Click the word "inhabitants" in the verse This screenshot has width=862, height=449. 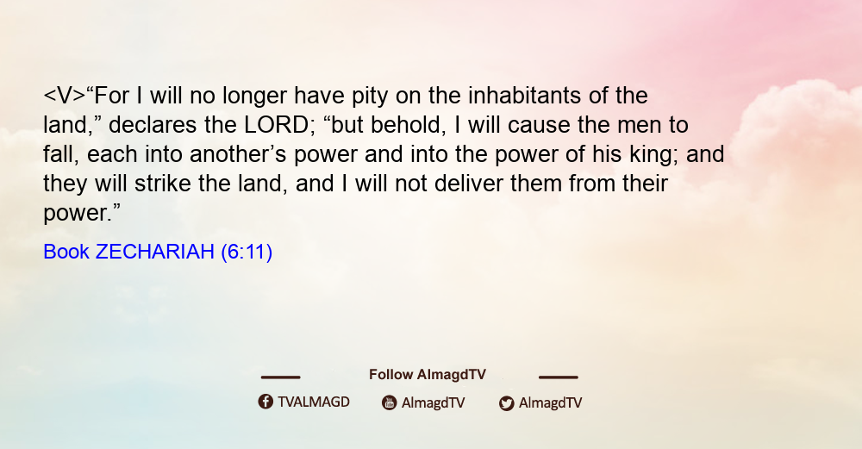click(x=524, y=96)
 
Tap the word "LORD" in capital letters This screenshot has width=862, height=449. click(x=277, y=125)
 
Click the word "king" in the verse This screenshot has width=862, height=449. click(x=655, y=155)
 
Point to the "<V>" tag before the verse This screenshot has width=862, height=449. click(x=65, y=97)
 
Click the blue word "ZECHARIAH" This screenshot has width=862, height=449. click(x=154, y=252)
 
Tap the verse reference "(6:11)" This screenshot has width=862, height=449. click(x=247, y=253)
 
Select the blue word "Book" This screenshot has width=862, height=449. click(x=66, y=252)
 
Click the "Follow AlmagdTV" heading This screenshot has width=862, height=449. click(x=428, y=375)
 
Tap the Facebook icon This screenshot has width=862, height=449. click(x=265, y=402)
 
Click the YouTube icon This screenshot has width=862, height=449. click(x=390, y=402)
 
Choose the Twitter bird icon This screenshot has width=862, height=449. click(x=506, y=403)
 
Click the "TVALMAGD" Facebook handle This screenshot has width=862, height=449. click(x=314, y=402)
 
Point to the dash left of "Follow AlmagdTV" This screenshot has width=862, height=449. click(x=280, y=377)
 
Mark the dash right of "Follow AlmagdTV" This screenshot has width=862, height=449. click(x=558, y=377)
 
